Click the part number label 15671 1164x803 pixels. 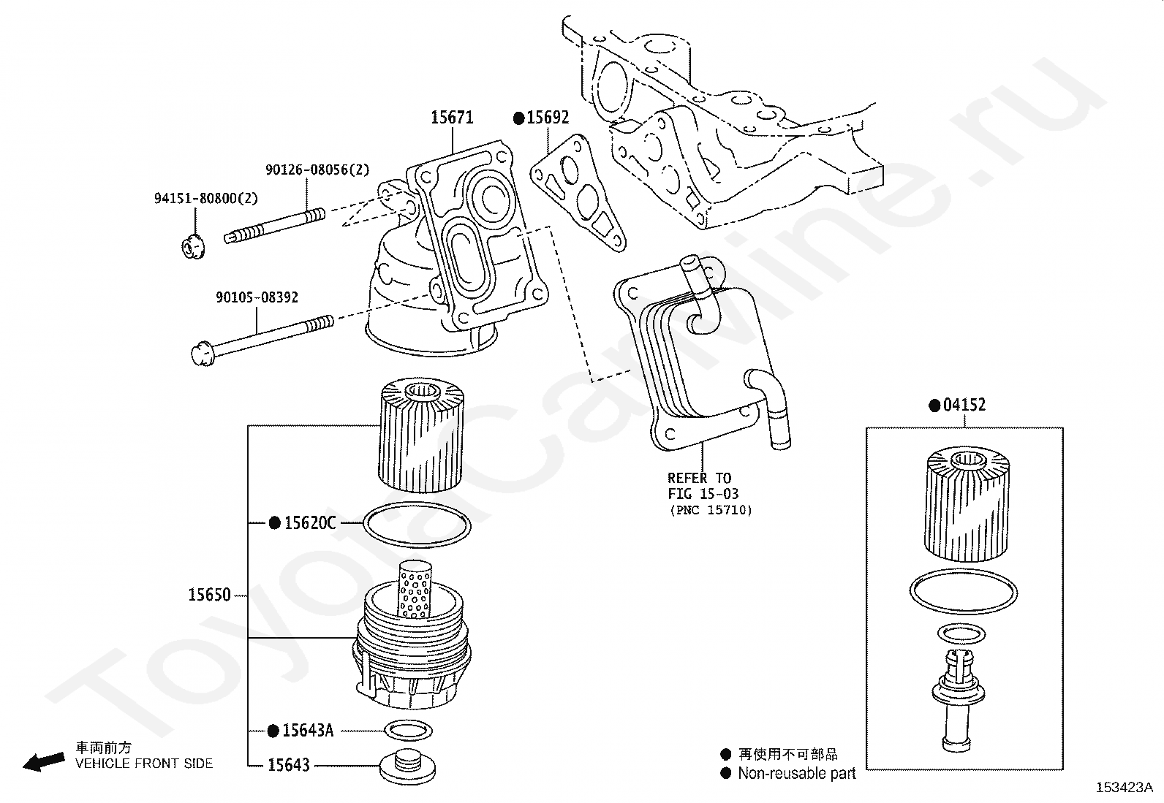coord(451,117)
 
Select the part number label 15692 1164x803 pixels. coord(548,118)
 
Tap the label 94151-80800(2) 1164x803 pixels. coord(205,198)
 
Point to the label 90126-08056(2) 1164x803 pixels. coord(317,170)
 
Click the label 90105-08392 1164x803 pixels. coord(257,297)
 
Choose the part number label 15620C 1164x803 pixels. coord(309,522)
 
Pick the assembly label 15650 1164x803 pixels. coord(209,595)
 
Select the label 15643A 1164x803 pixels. coord(307,730)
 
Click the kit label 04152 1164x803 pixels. coord(964,405)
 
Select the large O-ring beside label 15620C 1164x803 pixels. coord(417,524)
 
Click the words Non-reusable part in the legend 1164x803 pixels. coord(796,773)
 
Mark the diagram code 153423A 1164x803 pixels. coord(1124,788)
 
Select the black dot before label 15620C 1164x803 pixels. coord(275,522)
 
